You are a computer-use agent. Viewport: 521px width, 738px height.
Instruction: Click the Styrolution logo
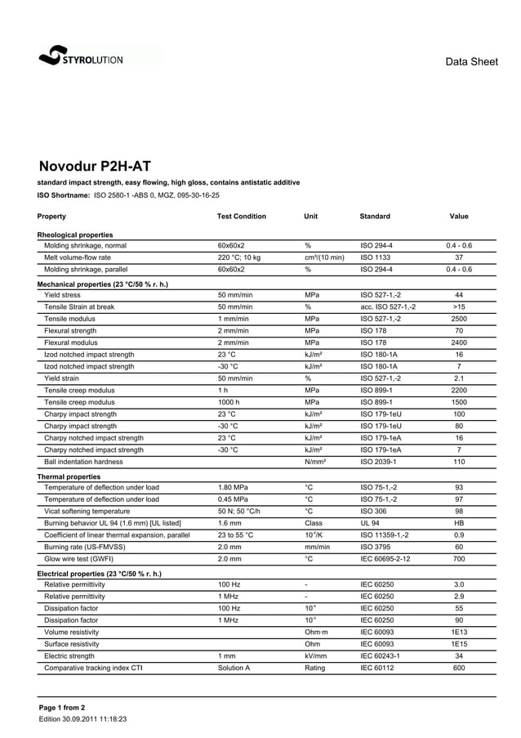pyautogui.click(x=81, y=57)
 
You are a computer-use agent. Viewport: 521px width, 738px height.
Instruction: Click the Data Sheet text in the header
pyautogui.click(x=471, y=62)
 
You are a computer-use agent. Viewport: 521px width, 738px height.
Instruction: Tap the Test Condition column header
pyautogui.click(x=242, y=217)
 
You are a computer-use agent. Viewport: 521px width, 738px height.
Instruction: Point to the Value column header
pyautogui.click(x=459, y=217)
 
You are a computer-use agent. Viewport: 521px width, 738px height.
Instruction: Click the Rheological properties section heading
pyautogui.click(x=75, y=235)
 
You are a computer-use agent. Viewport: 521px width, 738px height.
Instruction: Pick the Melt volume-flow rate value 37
pyautogui.click(x=459, y=257)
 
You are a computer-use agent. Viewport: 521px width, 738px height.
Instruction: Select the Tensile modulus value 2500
pyautogui.click(x=459, y=319)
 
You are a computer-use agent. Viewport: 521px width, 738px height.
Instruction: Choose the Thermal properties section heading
pyautogui.click(x=69, y=476)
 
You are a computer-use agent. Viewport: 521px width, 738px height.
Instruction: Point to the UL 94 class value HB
pyautogui.click(x=459, y=524)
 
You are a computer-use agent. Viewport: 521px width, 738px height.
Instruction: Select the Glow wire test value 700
pyautogui.click(x=459, y=560)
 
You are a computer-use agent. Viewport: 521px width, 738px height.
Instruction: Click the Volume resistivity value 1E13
pyautogui.click(x=459, y=633)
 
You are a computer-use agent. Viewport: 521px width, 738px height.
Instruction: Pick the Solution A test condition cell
pyautogui.click(x=234, y=669)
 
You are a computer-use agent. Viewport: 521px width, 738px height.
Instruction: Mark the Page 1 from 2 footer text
pyautogui.click(x=62, y=707)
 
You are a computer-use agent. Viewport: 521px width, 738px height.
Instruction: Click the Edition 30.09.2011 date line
pyautogui.click(x=82, y=719)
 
